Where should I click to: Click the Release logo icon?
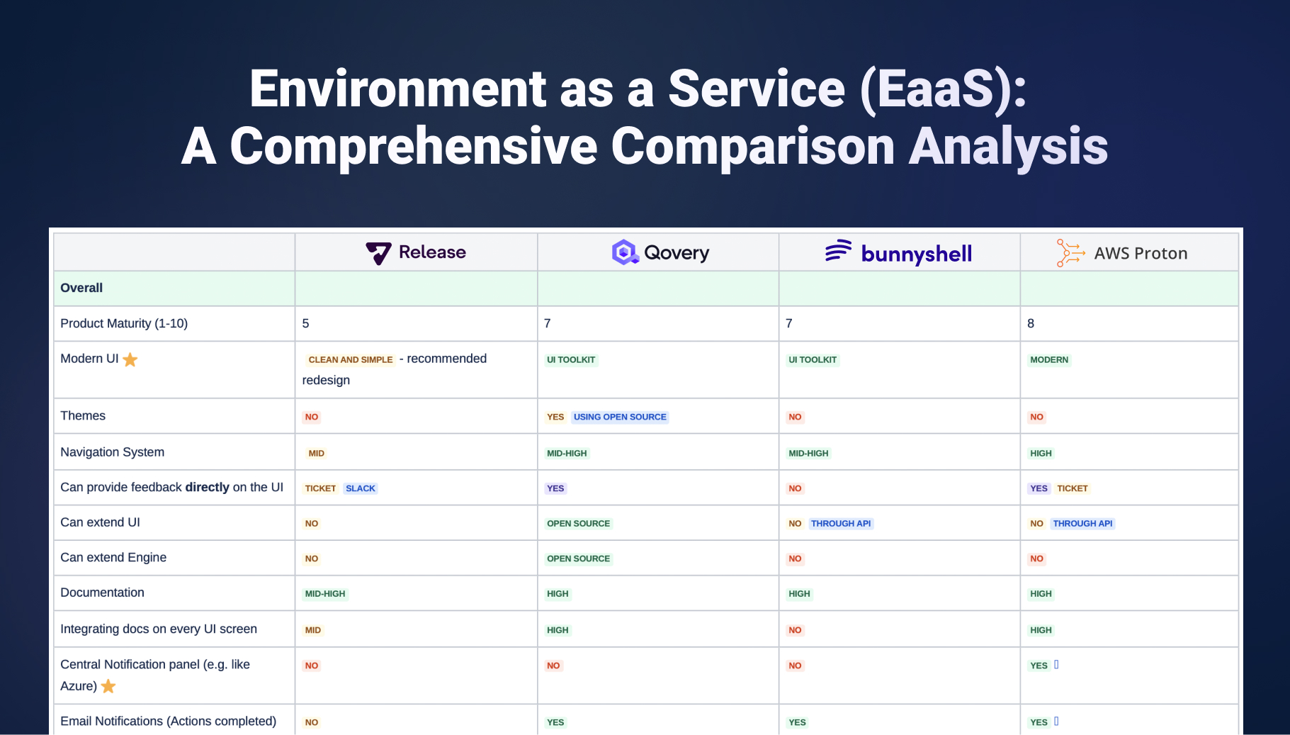pos(378,253)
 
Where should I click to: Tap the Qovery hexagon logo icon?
pos(625,252)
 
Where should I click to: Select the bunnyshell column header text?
pos(916,254)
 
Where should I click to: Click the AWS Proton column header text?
pos(1140,254)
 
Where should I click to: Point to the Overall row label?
pos(81,288)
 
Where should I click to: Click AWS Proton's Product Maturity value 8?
pos(1031,324)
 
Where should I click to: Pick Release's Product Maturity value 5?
pos(305,324)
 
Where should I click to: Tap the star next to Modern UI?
pos(130,360)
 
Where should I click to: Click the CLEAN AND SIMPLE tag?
pos(350,360)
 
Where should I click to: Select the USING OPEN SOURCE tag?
pos(620,417)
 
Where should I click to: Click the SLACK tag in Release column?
pos(361,488)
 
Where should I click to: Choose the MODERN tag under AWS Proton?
pos(1048,360)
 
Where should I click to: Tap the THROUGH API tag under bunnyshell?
pos(841,524)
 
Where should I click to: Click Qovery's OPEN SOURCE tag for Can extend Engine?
pos(578,559)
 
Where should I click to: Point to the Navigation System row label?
pos(112,452)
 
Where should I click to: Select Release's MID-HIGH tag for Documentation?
pos(325,594)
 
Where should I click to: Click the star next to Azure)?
pos(108,686)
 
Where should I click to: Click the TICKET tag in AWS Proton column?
pos(1072,488)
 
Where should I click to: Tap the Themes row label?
pos(83,416)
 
